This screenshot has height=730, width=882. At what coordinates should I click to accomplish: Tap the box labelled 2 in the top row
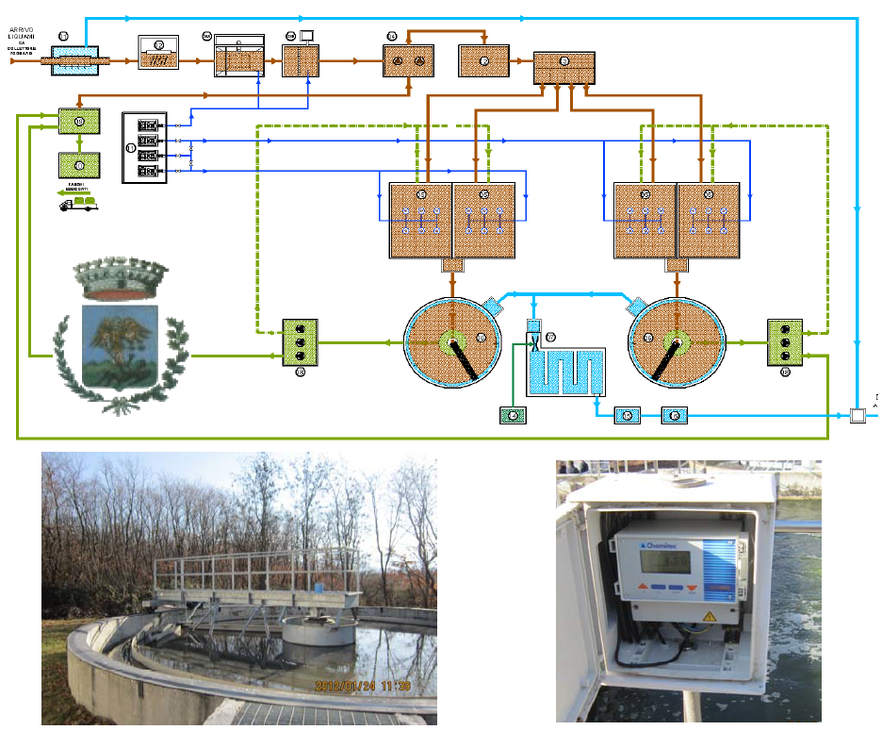click(x=157, y=54)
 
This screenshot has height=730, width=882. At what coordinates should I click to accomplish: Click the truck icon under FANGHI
click(x=78, y=201)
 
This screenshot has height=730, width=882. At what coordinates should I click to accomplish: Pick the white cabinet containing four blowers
click(x=144, y=147)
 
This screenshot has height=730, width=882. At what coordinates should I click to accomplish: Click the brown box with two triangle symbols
click(x=407, y=60)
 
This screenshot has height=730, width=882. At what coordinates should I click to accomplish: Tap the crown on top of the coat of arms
click(x=120, y=279)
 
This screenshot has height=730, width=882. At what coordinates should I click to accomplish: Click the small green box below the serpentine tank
click(x=513, y=415)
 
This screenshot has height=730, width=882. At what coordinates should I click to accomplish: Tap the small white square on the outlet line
click(x=857, y=415)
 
